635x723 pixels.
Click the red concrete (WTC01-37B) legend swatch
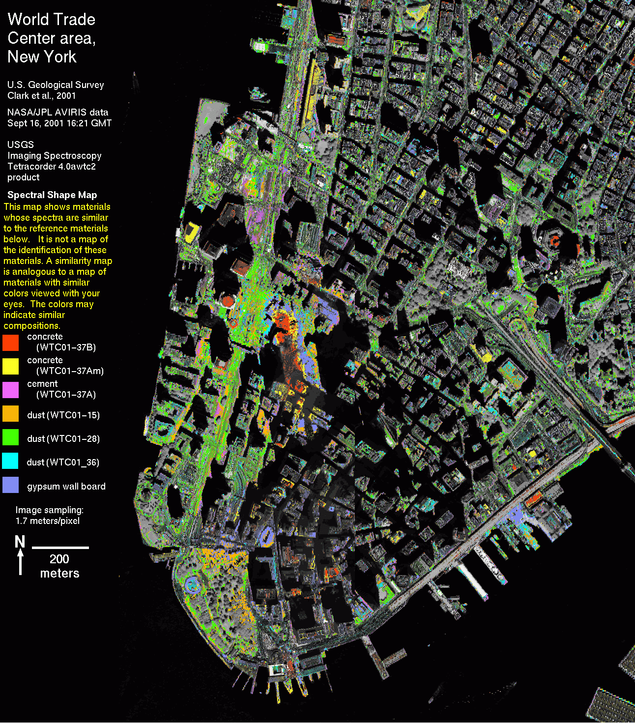click(10, 342)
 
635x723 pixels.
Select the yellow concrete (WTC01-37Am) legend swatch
click(10, 366)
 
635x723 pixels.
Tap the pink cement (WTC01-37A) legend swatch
click(10, 389)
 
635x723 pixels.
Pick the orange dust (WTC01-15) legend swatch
click(10, 413)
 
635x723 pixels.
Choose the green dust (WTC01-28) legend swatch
click(10, 437)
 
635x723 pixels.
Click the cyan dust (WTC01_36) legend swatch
click(10, 461)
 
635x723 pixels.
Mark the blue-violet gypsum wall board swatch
click(10, 485)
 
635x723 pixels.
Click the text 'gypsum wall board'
click(66, 487)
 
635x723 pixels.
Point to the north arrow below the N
click(20, 562)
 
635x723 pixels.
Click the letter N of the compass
click(20, 542)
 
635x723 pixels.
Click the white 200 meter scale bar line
click(60, 547)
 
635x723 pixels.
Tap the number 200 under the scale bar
click(59, 559)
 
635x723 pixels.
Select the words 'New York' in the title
click(42, 57)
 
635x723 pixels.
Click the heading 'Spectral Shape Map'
click(52, 195)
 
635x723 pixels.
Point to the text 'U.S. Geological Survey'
click(56, 85)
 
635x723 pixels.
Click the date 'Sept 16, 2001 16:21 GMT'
click(59, 123)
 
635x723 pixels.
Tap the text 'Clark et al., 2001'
click(42, 95)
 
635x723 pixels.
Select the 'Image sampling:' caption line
click(49, 510)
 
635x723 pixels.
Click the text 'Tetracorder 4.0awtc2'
click(52, 166)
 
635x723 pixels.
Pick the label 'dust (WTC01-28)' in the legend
click(63, 438)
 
